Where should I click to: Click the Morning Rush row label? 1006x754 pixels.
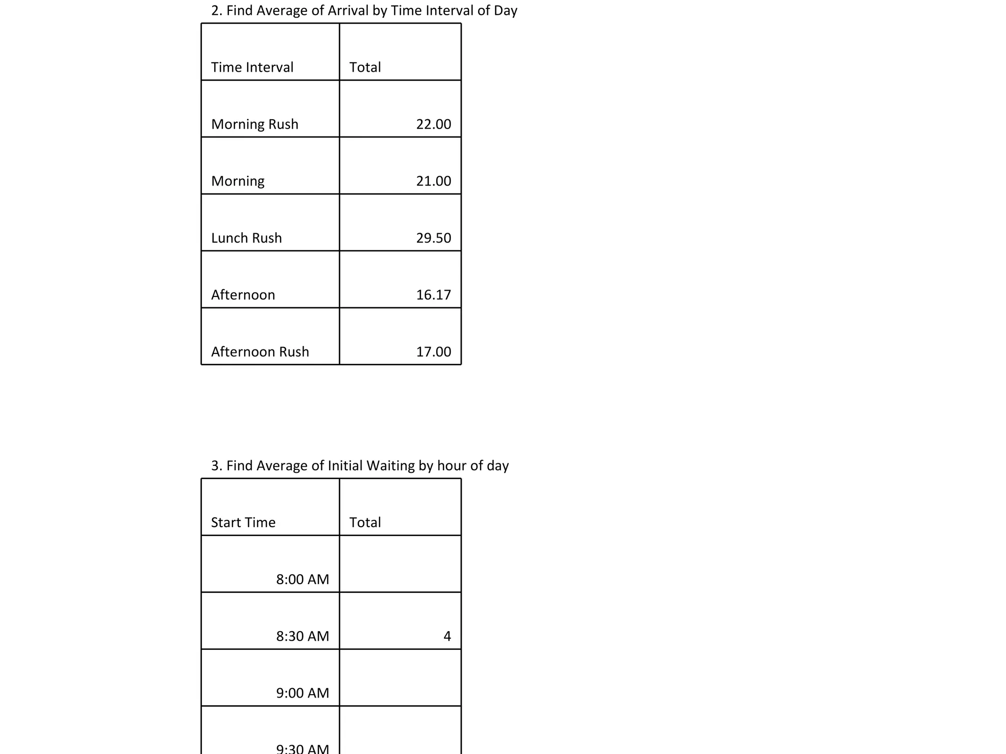coord(254,124)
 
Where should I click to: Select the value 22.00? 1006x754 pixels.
coord(433,124)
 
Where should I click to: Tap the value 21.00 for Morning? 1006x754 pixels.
coord(433,181)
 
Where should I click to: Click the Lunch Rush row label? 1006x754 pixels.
coord(246,238)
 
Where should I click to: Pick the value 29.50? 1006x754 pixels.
coord(433,238)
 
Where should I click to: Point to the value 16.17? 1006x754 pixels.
coord(433,295)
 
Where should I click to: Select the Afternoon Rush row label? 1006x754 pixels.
coord(260,352)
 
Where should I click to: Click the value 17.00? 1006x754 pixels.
coord(433,352)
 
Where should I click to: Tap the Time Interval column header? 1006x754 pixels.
coord(252,67)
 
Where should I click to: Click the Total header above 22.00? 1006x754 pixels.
coord(365,67)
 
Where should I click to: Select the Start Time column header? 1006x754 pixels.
coord(243,522)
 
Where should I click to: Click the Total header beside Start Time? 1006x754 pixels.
coord(365,522)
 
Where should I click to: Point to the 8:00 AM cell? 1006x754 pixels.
coord(302,579)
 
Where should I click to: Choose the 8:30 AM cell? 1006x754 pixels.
coord(302,636)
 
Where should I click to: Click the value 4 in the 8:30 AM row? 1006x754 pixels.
coord(447,636)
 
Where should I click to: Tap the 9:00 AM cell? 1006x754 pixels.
coord(302,693)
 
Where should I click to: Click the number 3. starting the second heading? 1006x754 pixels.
coord(217,466)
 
